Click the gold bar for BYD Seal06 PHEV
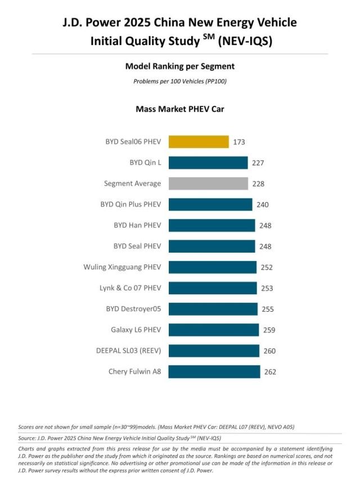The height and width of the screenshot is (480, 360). [x=199, y=142]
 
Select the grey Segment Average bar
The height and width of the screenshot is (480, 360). [x=208, y=183]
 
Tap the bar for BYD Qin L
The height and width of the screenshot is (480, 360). [x=208, y=163]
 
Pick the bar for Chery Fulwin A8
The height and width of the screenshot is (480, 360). [x=214, y=371]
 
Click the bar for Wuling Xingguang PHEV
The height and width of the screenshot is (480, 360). [x=213, y=267]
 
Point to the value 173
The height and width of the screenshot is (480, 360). [x=239, y=142]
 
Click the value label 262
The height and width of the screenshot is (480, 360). [x=271, y=372]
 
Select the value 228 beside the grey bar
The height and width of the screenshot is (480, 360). [x=258, y=183]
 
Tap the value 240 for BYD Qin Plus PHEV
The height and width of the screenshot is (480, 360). [x=263, y=204]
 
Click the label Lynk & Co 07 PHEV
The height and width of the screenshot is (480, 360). [x=130, y=288]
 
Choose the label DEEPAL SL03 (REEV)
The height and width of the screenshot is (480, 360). [x=129, y=351]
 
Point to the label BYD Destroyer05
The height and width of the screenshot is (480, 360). [x=133, y=309]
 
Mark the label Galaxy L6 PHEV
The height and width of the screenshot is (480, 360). [x=136, y=330]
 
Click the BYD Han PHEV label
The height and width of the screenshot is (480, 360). [x=137, y=225]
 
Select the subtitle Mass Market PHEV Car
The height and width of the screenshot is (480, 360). [x=180, y=109]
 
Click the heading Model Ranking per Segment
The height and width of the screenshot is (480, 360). [x=180, y=66]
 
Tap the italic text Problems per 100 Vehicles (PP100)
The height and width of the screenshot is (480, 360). [x=180, y=82]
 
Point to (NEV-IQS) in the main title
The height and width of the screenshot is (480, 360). [x=245, y=41]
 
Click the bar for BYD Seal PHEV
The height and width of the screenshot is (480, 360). [x=212, y=246]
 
